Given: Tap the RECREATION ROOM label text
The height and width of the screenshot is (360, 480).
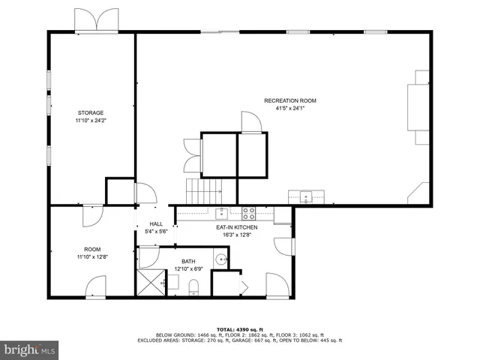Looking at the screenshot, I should pos(289,100).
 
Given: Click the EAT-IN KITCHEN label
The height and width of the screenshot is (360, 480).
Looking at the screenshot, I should pos(237,227).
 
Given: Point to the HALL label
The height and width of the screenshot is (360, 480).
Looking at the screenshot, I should pos(156,223).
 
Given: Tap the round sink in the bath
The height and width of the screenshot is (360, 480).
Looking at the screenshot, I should pos(220,260).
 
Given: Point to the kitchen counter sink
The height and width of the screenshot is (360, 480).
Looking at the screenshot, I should pos(222,212).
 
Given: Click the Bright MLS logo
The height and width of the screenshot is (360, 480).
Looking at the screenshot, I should pos(30,349).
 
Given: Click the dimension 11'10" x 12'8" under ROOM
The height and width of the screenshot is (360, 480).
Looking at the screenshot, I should pos(92,257).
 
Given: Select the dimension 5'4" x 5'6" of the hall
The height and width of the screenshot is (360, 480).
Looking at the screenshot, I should pos(156,232).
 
